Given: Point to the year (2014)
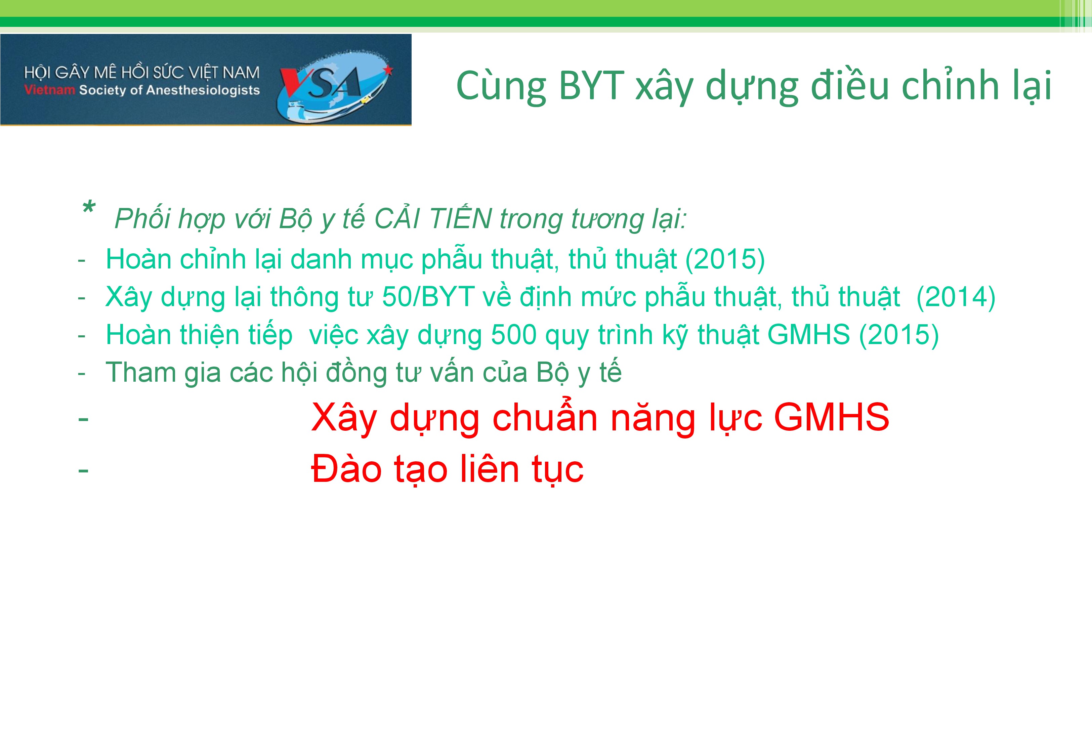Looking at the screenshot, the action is (956, 297).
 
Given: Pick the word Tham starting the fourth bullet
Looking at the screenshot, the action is (140, 372).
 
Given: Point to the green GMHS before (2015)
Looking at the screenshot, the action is (808, 335).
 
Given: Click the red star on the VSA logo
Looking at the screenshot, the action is (389, 71).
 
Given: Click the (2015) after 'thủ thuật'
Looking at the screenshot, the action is (725, 260).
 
